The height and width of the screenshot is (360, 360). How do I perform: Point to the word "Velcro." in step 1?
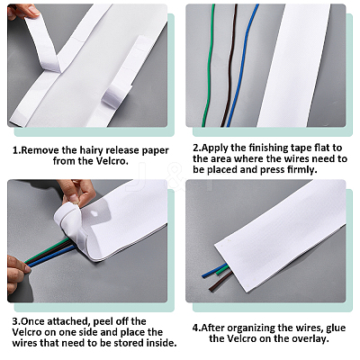click(x=112, y=161)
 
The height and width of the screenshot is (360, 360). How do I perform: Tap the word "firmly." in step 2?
click(x=302, y=170)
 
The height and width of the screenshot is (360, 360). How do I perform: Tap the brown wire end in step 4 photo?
click(x=211, y=290)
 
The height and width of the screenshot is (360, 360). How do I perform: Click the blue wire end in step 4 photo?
click(x=203, y=275)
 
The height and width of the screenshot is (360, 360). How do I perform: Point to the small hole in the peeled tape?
click(x=94, y=213)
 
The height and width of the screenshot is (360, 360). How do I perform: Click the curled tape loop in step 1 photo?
click(x=115, y=95)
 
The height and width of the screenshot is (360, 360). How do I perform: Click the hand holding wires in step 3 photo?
click(x=17, y=276)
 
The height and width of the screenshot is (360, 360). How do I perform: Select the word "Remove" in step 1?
click(x=40, y=150)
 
